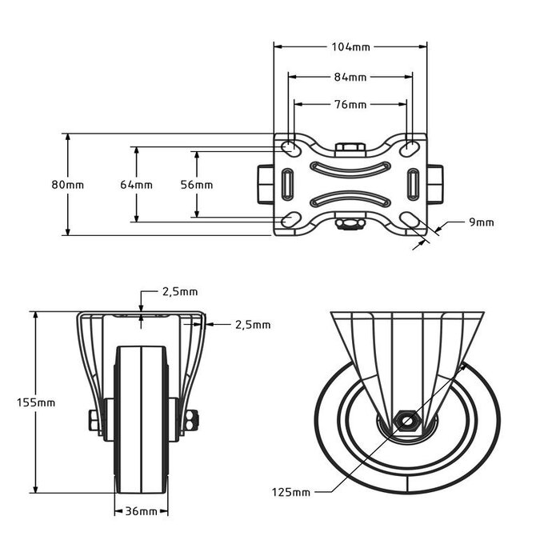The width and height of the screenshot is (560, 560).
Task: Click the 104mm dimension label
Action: [x=350, y=47]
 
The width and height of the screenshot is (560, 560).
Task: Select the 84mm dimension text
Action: [x=350, y=78]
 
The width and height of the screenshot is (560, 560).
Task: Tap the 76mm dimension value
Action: [x=350, y=105]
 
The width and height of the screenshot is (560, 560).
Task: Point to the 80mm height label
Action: [x=68, y=185]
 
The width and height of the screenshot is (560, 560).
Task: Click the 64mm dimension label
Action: [x=136, y=185]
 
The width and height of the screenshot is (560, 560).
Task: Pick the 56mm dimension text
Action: [x=197, y=185]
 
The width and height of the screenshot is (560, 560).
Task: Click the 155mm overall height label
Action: [x=36, y=402]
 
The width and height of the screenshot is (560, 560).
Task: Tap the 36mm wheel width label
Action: [x=141, y=510]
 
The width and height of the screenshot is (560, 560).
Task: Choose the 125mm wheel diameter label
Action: [x=290, y=492]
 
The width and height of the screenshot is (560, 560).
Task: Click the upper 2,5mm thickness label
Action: [x=180, y=292]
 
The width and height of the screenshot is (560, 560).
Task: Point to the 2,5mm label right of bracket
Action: [x=253, y=325]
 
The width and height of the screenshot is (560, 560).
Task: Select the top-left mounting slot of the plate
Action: [x=290, y=150]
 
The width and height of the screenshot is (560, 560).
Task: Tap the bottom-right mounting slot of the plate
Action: [x=410, y=219]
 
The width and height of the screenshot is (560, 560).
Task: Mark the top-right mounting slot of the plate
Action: [x=410, y=150]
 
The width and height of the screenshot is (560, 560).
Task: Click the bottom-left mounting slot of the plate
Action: [x=290, y=219]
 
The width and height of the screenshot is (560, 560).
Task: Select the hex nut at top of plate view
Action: [x=350, y=147]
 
